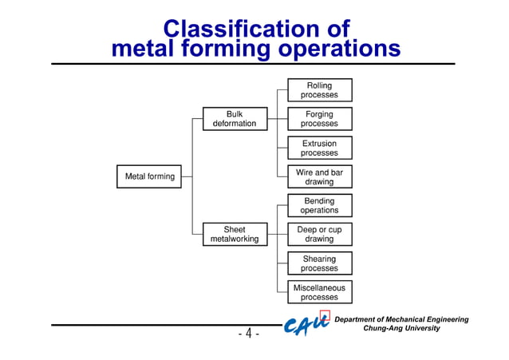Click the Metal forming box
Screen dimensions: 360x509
[150, 176]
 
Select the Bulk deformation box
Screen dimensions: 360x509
[234, 119]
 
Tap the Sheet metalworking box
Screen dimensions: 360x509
[234, 235]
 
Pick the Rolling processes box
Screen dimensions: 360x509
[319, 90]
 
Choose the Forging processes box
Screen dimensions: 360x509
[319, 119]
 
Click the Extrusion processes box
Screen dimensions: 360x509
[319, 148]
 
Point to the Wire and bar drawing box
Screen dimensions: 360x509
[319, 177]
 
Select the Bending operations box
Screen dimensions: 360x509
[319, 206]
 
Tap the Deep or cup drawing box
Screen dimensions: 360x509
[319, 235]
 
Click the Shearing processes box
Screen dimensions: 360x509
[319, 264]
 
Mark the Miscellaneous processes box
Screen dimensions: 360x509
[319, 293]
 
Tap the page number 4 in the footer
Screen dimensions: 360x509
[248, 334]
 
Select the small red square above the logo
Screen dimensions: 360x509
[325, 314]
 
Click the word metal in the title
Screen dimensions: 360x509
[137, 49]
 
